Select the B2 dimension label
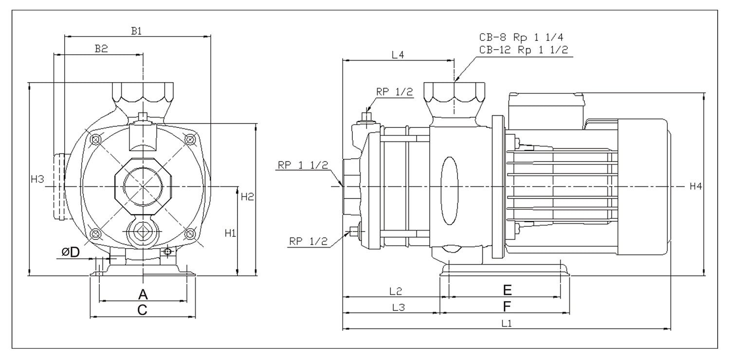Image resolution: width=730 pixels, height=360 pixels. point(101,49)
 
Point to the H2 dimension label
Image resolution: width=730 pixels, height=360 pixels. point(248,197)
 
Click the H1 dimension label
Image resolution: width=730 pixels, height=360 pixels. point(230,233)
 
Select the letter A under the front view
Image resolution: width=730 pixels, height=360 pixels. point(143,294)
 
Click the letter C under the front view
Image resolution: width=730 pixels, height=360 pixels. point(142,310)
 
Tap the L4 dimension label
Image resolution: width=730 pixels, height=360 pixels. point(398,55)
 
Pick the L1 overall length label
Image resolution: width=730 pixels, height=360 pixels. point(506,323)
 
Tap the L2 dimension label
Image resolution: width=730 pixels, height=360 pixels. point(395,291)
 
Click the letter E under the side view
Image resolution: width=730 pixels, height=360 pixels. point(507,290)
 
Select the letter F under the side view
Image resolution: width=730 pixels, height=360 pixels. point(507,306)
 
